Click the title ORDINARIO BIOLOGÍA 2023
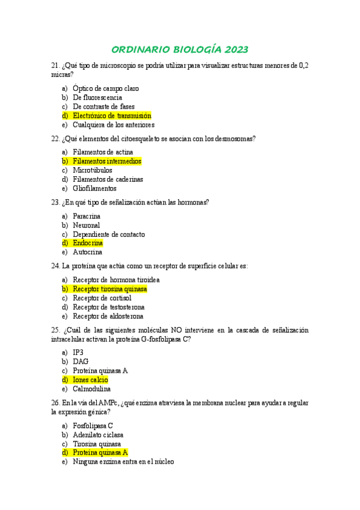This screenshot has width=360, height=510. (180, 49)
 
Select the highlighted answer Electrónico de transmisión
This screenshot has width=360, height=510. (112, 115)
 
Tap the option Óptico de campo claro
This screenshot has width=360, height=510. (106, 88)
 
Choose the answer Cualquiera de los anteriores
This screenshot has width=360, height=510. (114, 125)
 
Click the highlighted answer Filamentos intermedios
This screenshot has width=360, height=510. (107, 161)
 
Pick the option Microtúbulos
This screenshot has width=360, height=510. (93, 170)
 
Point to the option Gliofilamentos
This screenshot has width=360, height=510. (95, 188)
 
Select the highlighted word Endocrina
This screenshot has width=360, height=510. (88, 243)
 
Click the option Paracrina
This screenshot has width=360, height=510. (87, 216)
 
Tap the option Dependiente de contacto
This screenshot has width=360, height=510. (109, 234)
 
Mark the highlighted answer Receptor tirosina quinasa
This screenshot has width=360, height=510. (110, 289)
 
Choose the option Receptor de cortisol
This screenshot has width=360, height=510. (102, 298)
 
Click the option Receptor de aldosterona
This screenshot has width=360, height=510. (108, 316)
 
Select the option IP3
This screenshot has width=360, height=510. (78, 352)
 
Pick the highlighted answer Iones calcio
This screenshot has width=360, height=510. (90, 379)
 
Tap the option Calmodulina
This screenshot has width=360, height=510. (92, 389)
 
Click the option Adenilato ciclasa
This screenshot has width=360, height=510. (98, 434)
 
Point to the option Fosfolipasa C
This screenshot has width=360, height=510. (93, 425)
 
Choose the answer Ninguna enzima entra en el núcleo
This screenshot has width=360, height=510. (123, 462)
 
